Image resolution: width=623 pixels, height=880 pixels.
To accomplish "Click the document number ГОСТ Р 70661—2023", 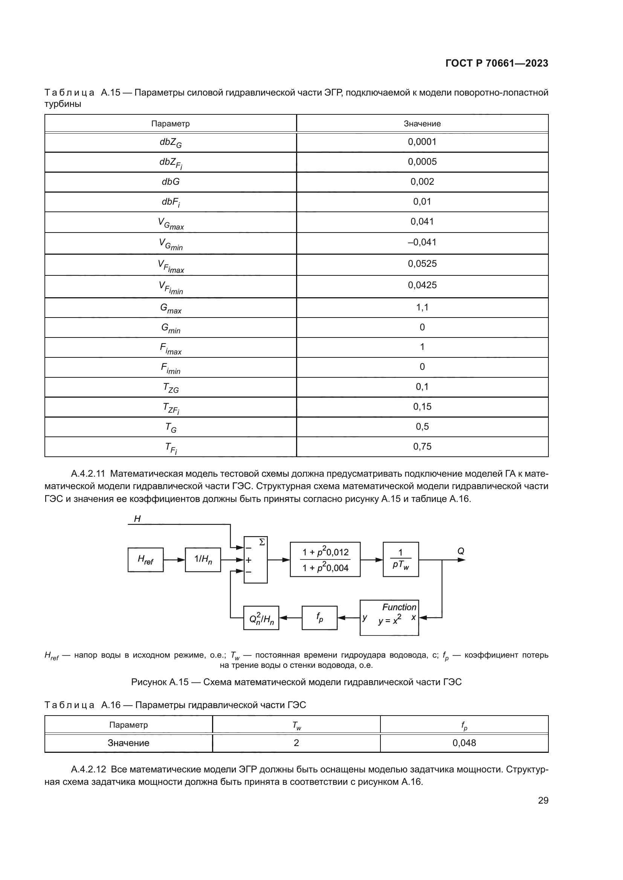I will pos(496,63).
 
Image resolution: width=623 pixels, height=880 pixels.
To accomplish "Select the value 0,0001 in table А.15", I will pos(422,142).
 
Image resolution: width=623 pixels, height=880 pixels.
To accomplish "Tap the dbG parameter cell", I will pos(170,182).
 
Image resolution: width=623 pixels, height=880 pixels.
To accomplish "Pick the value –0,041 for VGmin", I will pos(422,242).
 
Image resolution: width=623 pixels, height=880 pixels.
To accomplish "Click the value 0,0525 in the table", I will pos(422,264).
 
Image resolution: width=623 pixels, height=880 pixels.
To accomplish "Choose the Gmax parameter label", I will pos(170,308).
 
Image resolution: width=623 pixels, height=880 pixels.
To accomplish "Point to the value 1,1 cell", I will pos(422,307).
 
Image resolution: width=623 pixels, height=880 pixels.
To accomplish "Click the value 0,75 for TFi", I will pos(422,447).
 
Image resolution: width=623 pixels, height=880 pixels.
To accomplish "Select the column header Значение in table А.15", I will pos(422,124).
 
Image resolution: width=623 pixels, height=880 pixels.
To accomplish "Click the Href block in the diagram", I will pos(145,560).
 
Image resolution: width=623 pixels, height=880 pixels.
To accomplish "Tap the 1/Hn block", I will pos(203,559).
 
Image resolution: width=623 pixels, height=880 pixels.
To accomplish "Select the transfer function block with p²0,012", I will pos(325,559).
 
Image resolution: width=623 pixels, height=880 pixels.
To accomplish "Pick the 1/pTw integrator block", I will pos(400,559).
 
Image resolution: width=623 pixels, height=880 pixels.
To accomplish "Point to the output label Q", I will pos(461,551).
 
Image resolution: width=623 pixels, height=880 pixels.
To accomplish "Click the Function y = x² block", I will pos(389,617).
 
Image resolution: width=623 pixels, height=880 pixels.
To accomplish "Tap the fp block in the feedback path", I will pos(319,617).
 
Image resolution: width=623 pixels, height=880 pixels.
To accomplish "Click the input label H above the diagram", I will pos(137,519).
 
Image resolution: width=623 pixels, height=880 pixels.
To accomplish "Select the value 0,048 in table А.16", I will pos(464,743).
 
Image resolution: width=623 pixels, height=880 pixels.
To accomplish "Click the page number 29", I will pos(543,800).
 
